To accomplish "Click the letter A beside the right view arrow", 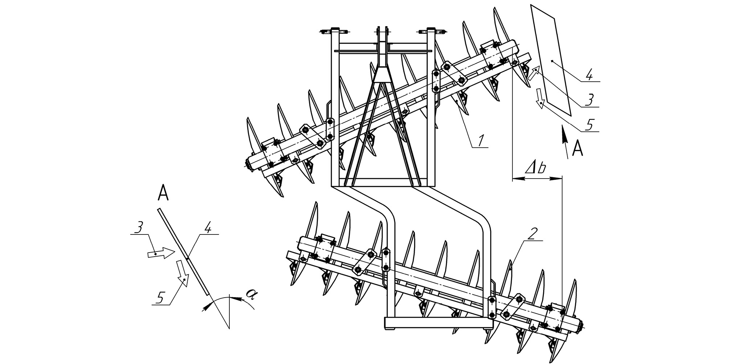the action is coord(577,149).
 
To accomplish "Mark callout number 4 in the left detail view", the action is coord(208,229).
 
